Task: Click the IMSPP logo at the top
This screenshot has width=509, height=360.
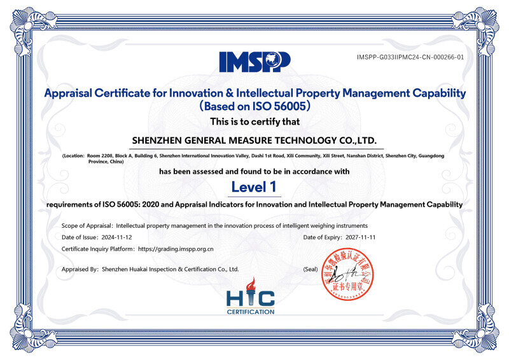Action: [254, 61]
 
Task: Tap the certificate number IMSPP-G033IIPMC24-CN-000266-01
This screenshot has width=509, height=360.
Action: [410, 57]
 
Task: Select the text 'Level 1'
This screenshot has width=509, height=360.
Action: [254, 187]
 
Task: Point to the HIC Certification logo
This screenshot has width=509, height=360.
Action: [251, 296]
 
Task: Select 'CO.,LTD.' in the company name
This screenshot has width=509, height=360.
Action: [356, 139]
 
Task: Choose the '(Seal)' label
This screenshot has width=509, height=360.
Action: [310, 269]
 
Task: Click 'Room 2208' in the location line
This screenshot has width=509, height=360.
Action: [98, 156]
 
